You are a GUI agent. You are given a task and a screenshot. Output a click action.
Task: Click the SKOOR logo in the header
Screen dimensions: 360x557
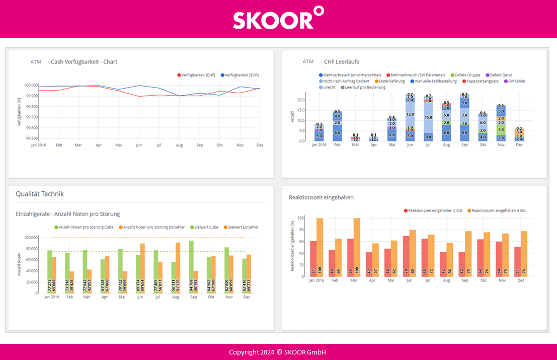click(278, 19)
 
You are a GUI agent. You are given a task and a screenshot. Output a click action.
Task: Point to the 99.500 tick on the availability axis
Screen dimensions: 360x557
click(31, 138)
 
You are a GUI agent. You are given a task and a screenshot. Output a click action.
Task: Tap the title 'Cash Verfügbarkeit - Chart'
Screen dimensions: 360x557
click(83, 62)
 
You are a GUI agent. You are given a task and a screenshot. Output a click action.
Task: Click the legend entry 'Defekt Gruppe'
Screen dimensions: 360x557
click(467, 75)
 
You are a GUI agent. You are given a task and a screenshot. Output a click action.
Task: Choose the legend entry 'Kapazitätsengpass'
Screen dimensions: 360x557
click(482, 81)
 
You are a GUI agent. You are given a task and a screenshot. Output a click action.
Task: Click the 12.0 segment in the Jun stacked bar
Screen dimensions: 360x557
click(410, 114)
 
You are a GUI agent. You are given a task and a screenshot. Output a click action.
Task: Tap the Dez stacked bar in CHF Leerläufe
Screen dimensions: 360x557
click(519, 135)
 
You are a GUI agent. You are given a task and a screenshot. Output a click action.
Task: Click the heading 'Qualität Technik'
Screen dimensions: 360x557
click(40, 194)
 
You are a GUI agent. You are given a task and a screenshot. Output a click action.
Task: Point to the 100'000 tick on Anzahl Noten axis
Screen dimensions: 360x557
click(31, 238)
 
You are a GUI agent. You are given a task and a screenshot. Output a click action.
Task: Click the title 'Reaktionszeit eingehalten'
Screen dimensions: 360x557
click(321, 197)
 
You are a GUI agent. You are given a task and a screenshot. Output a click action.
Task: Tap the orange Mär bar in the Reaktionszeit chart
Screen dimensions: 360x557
click(357, 247)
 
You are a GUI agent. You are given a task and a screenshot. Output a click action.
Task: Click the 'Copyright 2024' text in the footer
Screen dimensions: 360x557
click(251, 352)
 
